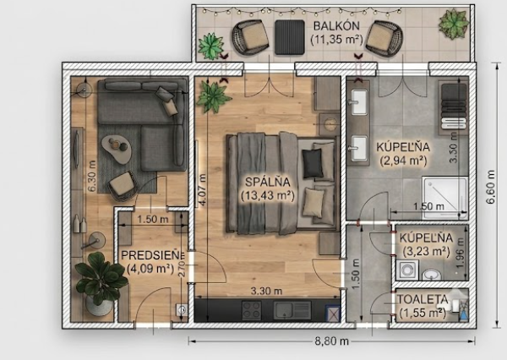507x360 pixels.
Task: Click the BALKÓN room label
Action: (x=336, y=25)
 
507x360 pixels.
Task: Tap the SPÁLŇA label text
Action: (x=267, y=182)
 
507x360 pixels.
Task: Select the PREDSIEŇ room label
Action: (x=153, y=255)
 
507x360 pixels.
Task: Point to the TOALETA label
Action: (x=422, y=299)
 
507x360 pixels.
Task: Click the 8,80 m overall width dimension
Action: (x=332, y=341)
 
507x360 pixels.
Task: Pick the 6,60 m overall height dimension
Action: (x=491, y=187)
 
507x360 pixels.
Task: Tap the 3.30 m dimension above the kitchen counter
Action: (x=266, y=291)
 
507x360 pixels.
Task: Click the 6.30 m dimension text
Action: (x=92, y=176)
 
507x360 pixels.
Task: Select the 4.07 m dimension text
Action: (x=202, y=190)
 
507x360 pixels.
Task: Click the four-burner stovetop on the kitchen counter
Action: (x=252, y=310)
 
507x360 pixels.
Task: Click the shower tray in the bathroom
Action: (x=445, y=198)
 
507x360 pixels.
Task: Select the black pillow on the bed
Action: (x=313, y=163)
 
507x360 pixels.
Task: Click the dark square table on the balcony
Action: (x=290, y=37)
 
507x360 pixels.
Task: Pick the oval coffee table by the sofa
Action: (x=117, y=150)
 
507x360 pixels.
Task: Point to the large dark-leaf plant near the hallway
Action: (x=101, y=277)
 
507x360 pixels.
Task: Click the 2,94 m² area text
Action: (x=403, y=161)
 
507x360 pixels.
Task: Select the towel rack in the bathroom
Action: (x=454, y=107)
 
